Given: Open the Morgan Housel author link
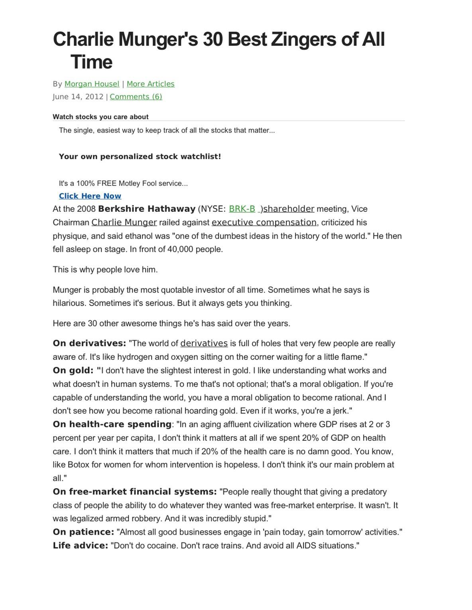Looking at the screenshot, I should (92, 84).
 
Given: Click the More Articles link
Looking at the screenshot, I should (150, 84).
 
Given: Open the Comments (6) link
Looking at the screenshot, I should (136, 97).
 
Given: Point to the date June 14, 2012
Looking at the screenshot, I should (78, 97).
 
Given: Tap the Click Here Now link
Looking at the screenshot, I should (90, 196).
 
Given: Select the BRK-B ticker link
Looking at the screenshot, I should (242, 209).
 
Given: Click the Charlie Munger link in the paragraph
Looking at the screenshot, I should (124, 222).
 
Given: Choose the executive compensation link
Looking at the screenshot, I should (264, 222).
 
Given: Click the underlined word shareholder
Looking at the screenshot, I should (289, 209).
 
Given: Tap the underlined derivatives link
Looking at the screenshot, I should (204, 343).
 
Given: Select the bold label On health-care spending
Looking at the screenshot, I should (112, 424).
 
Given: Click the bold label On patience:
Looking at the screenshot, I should (83, 532).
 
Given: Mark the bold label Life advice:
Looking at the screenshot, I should (80, 545).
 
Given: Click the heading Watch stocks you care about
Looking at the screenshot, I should (100, 117).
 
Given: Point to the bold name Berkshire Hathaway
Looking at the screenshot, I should (147, 209).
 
